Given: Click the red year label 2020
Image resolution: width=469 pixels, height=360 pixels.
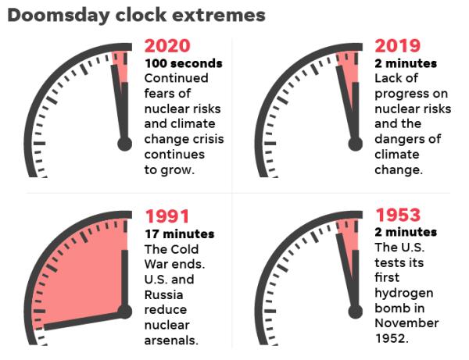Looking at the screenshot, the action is tap(167, 46).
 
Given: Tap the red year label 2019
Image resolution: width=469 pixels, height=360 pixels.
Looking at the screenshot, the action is tap(398, 46).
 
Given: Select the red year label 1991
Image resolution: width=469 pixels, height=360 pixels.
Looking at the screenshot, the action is tap(167, 216).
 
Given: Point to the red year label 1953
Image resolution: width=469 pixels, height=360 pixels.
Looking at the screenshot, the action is tap(398, 215).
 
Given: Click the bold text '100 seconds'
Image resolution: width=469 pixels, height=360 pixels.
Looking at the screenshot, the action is tap(184, 63).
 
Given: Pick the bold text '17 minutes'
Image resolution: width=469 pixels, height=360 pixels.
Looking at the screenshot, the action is tap(180, 234).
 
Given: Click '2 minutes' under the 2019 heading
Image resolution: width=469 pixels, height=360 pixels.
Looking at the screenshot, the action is tap(406, 63).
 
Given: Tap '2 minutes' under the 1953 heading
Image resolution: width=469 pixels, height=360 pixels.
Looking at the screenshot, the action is tap(406, 232).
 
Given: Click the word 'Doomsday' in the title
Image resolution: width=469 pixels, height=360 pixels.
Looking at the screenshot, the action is tap(59, 16).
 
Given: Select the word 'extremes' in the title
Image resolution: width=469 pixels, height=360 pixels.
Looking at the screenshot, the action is tap(219, 16).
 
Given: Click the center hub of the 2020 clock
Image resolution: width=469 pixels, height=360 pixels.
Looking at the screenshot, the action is tap(124, 144).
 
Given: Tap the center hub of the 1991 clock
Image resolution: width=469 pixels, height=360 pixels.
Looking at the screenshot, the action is tap(124, 312).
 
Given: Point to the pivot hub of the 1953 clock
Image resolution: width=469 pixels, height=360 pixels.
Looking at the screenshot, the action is tap(356, 312).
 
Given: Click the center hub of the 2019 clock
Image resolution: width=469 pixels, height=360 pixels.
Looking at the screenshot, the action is tap(356, 144).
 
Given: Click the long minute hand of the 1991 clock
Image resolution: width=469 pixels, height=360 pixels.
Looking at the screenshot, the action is tap(84, 321).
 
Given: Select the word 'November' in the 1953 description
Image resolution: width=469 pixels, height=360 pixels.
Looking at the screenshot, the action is tap(406, 323).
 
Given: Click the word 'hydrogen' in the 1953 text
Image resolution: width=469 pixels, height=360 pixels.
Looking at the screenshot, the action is tap(404, 294).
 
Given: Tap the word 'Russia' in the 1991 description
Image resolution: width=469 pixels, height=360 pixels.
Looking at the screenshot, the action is tap(163, 295).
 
